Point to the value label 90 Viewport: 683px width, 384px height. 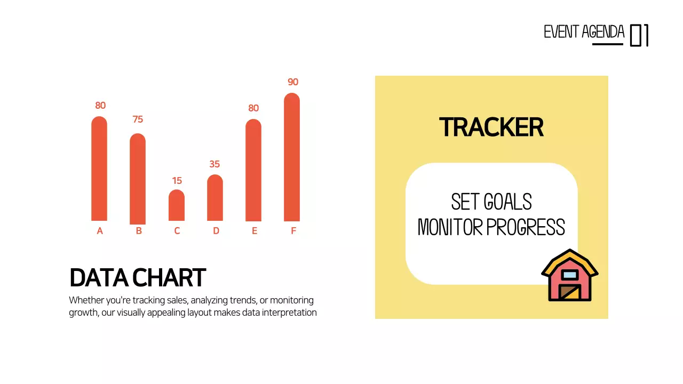pyautogui.click(x=293, y=82)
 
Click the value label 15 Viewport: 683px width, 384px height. pyautogui.click(x=177, y=181)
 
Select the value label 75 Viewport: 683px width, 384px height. pyautogui.click(x=138, y=119)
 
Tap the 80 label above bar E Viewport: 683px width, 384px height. pyautogui.click(x=253, y=108)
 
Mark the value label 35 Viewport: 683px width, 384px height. pyautogui.click(x=215, y=164)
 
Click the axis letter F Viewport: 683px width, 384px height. pyautogui.click(x=293, y=231)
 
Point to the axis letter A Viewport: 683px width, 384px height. pyautogui.click(x=100, y=231)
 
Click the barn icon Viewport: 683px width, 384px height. pyautogui.click(x=570, y=275)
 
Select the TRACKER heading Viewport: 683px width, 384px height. pyautogui.click(x=491, y=128)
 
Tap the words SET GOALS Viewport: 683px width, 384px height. pyautogui.click(x=491, y=202)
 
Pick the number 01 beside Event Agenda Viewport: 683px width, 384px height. pyautogui.click(x=639, y=35)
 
